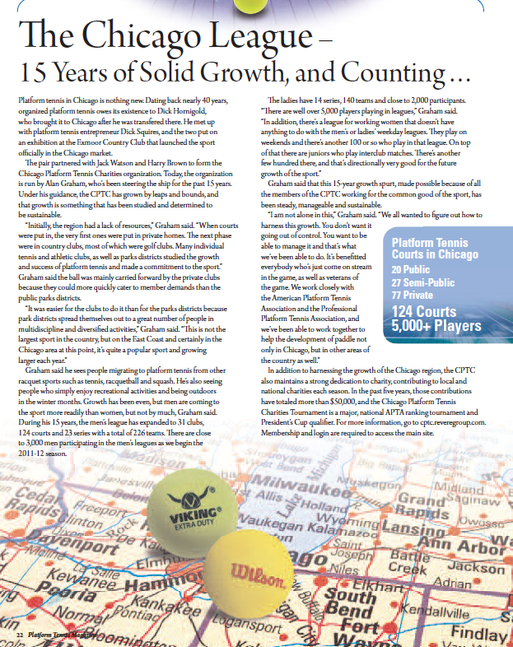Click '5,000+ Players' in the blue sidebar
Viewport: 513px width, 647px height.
click(x=436, y=326)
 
